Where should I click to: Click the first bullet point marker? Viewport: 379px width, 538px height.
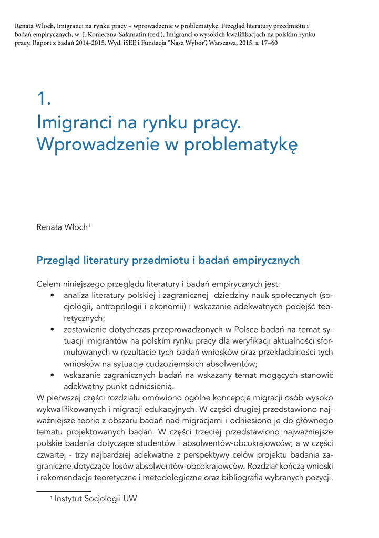[52, 296]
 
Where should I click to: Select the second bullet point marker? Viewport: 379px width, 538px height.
[52, 330]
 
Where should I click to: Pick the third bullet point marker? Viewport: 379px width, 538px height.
[52, 375]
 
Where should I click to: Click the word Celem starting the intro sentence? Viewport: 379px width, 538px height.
[48, 284]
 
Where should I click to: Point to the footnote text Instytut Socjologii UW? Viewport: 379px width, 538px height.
[96, 499]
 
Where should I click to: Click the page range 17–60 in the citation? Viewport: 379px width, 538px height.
[268, 43]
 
